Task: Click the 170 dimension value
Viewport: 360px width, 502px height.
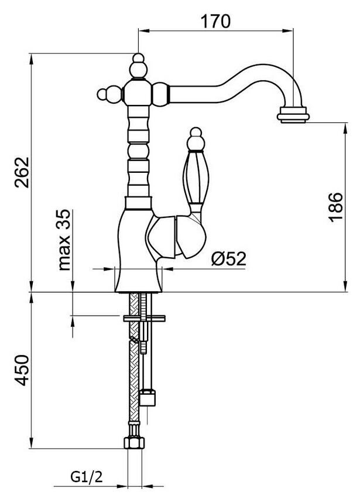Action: [x=215, y=21]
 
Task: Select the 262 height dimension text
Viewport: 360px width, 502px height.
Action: [x=22, y=172]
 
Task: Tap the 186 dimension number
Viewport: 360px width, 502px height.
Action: [x=335, y=207]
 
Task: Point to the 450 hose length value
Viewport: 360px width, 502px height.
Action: [x=22, y=370]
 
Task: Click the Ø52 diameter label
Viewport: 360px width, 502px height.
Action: [x=229, y=258]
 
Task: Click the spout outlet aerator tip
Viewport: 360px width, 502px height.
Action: [x=293, y=115]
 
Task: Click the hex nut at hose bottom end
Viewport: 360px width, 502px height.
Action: [x=134, y=443]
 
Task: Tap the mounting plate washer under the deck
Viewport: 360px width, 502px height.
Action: [x=145, y=319]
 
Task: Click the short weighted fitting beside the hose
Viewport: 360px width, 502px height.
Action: [x=148, y=397]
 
